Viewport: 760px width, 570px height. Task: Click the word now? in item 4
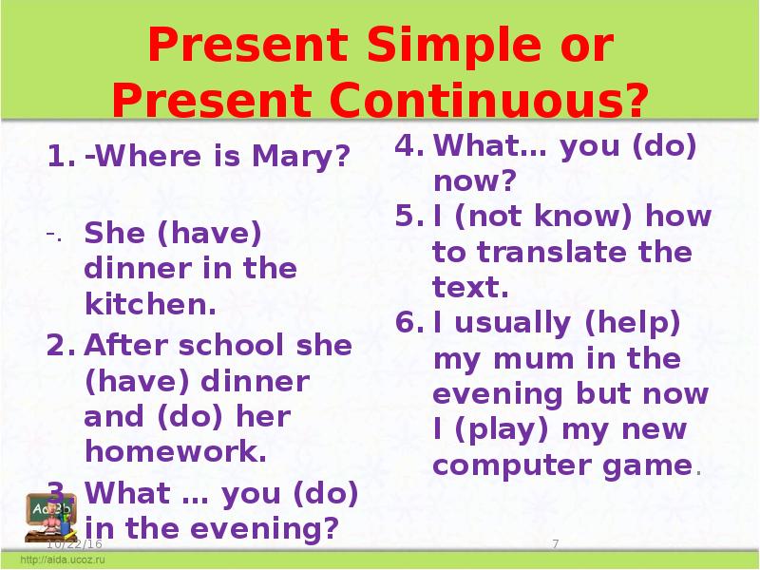(x=474, y=180)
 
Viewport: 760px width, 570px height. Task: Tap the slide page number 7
(x=554, y=541)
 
